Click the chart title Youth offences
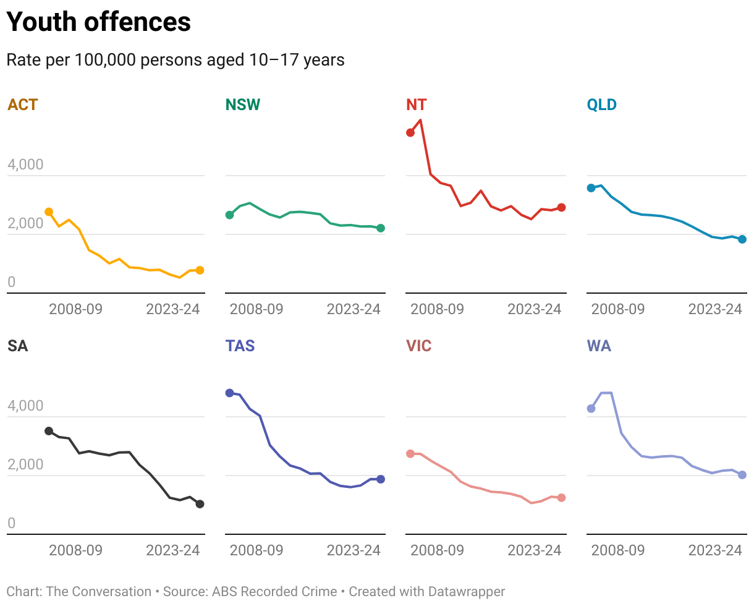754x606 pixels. tap(98, 22)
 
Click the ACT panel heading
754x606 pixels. tap(23, 105)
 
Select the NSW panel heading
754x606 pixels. tap(242, 105)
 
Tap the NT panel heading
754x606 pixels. tap(416, 105)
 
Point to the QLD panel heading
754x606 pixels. tap(601, 105)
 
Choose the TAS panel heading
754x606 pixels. tap(240, 346)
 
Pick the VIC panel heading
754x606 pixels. tap(418, 346)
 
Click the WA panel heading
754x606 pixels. tap(599, 346)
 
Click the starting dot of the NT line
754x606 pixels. tap(410, 132)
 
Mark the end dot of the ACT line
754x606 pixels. tap(200, 270)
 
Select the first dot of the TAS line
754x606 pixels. tap(230, 393)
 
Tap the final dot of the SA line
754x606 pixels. tap(200, 504)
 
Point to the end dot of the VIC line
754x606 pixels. tap(561, 498)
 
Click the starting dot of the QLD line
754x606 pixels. tap(591, 188)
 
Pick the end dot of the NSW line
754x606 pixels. tap(381, 228)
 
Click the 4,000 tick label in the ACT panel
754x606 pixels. tap(25, 165)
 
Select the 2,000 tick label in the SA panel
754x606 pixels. tap(25, 465)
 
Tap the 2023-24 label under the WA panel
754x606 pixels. tap(715, 550)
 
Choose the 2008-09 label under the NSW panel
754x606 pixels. tap(256, 309)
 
